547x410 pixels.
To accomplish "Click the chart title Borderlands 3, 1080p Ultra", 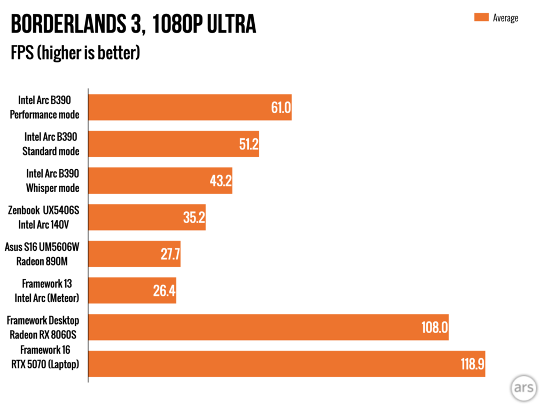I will (133, 25).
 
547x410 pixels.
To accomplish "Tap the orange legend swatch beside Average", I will (481, 18).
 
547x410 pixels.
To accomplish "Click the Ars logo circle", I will (523, 388).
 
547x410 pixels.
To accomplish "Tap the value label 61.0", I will (280, 108).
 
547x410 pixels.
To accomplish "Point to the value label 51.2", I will (248, 144).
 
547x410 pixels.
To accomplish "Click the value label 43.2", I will (221, 181).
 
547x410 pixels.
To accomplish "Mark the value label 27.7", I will (170, 254).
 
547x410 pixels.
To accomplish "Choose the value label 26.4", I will (165, 290).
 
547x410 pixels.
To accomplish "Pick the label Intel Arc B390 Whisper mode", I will (52, 181).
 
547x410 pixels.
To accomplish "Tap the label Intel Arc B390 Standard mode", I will (51, 144).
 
